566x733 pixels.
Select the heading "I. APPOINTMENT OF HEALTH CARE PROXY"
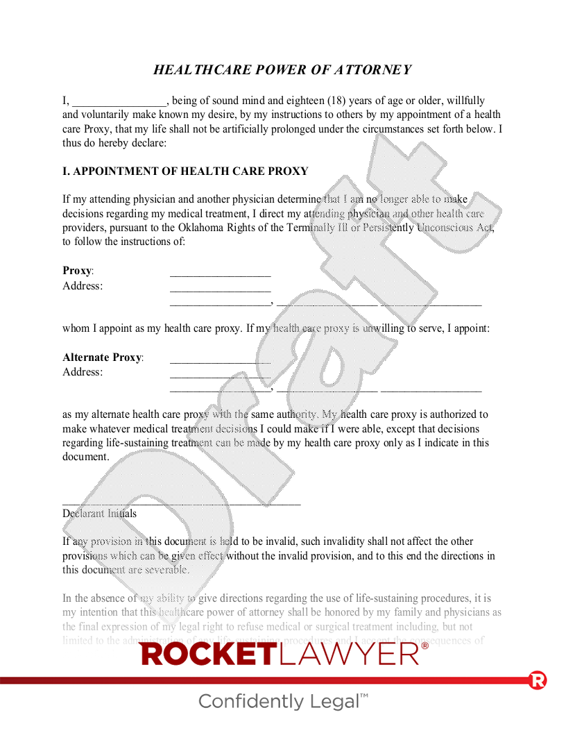tap(185, 171)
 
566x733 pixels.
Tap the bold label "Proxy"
tap(77, 271)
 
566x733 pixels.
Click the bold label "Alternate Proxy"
tap(102, 357)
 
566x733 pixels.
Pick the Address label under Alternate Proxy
tap(83, 372)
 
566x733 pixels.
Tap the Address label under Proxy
tap(83, 286)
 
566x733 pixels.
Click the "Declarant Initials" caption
tap(99, 514)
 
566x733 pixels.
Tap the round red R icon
tap(538, 680)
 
